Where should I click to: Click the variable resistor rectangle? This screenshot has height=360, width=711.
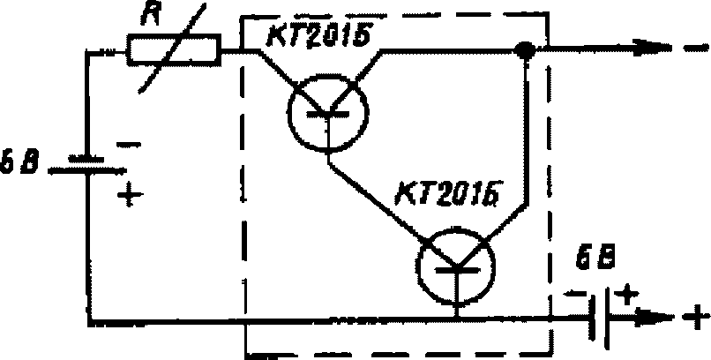[172, 49]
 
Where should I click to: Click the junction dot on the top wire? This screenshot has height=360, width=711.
[527, 53]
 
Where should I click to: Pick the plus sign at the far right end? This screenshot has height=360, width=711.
[696, 314]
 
